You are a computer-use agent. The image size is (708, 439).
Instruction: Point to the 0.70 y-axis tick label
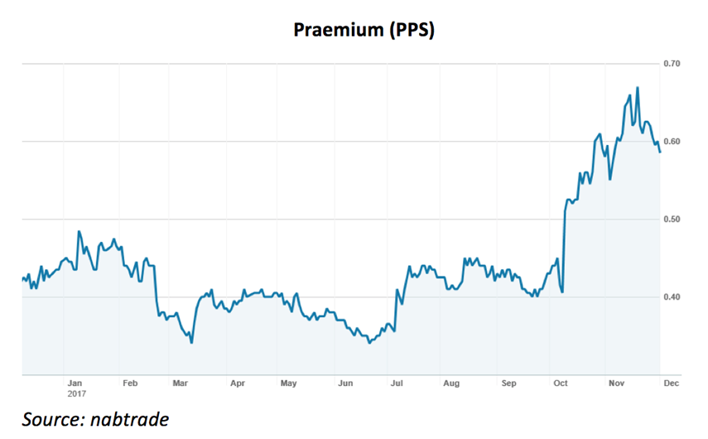pos(672,64)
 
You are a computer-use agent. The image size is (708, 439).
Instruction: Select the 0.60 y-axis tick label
pos(672,142)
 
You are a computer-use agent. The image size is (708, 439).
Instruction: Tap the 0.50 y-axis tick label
pos(672,219)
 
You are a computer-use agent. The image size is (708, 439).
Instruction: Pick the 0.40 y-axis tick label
pos(672,297)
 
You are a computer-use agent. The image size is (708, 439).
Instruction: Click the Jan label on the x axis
pos(75,384)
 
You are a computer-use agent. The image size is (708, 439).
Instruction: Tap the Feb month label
pos(129,384)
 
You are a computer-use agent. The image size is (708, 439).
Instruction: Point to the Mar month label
pos(180,384)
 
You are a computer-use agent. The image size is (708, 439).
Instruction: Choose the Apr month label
pos(238,384)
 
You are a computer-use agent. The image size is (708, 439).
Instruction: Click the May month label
pos(288,384)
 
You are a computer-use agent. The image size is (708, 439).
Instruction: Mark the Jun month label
pos(346,384)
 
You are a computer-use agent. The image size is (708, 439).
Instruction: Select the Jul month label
pos(397,384)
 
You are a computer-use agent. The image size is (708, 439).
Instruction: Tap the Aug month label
pos(451,384)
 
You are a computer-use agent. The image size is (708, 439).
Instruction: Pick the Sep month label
pos(508,384)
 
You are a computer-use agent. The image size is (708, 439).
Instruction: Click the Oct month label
pos(561,384)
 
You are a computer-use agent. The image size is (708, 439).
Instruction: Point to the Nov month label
pos(616,384)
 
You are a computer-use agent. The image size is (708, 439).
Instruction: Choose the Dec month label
pos(672,384)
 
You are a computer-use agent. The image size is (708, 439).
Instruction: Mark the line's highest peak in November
pos(637,88)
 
